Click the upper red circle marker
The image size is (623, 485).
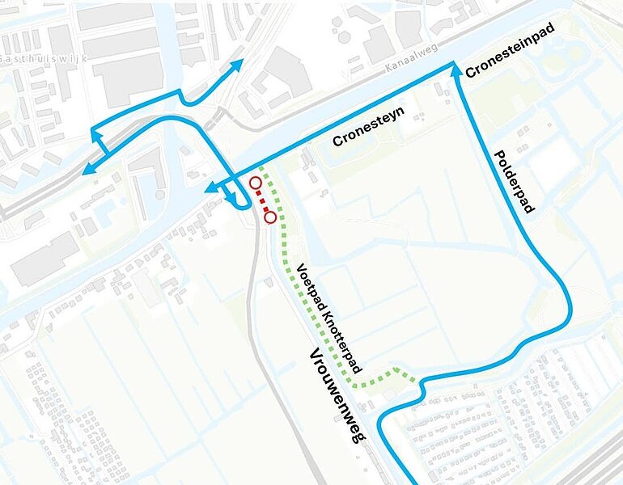pos(256,183)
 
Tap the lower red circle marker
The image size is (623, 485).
pos(270,217)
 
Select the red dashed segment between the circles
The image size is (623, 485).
pos(263,200)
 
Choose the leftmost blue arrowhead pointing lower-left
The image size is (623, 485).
pos(87,167)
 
